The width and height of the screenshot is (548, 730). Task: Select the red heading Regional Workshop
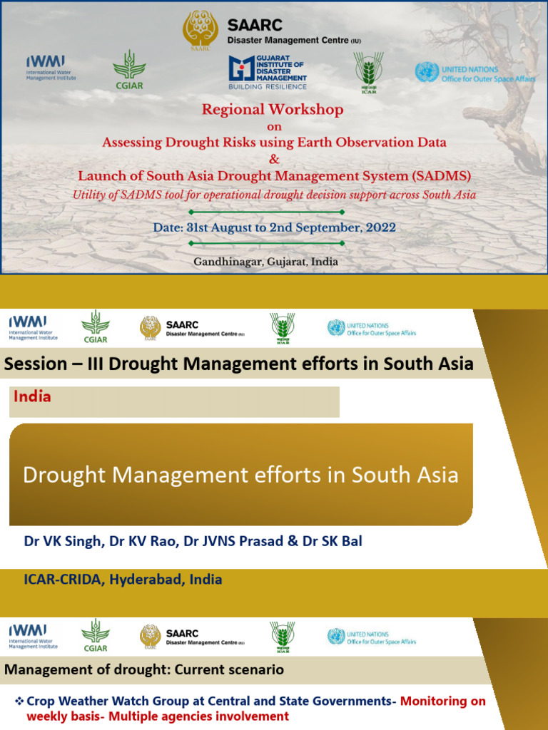273,110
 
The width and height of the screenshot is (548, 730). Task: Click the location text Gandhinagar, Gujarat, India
265,262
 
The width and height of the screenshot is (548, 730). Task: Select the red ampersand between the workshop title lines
274,159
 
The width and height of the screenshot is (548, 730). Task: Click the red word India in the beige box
32,396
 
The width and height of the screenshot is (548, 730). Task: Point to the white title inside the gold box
240,475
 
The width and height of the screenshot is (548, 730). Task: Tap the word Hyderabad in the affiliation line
148,580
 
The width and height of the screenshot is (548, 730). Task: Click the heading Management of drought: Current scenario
144,669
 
